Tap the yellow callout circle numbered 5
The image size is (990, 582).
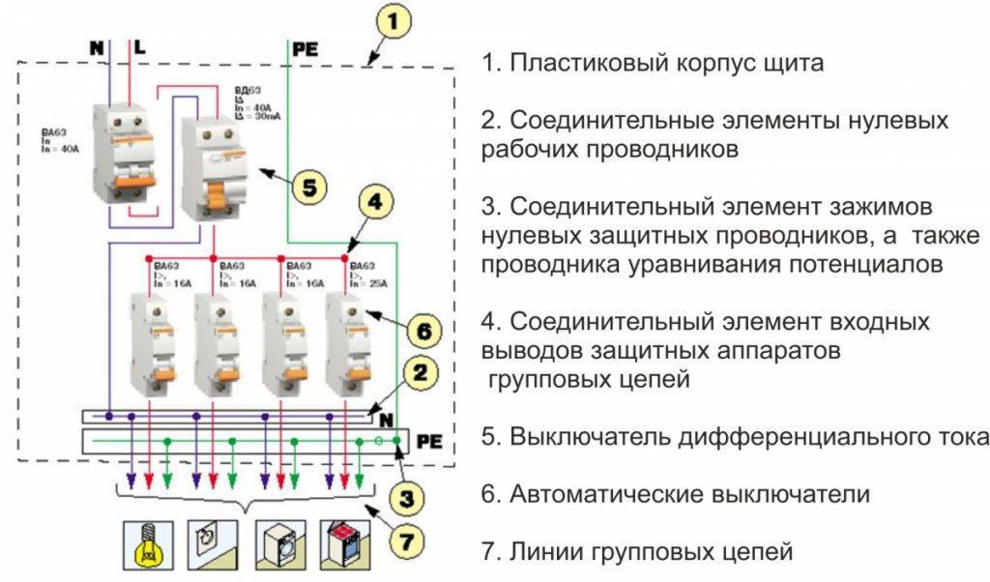click(308, 186)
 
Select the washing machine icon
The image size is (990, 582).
click(279, 545)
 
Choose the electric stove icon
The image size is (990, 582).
click(345, 545)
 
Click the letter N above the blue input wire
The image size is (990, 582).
click(96, 45)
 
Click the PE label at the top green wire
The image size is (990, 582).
click(306, 45)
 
